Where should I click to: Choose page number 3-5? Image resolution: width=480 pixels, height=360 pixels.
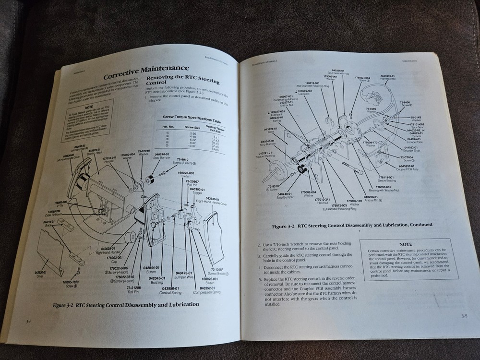pyautogui.click(x=464, y=315)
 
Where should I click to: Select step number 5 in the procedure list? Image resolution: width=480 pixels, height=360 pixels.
pyautogui.click(x=260, y=279)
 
